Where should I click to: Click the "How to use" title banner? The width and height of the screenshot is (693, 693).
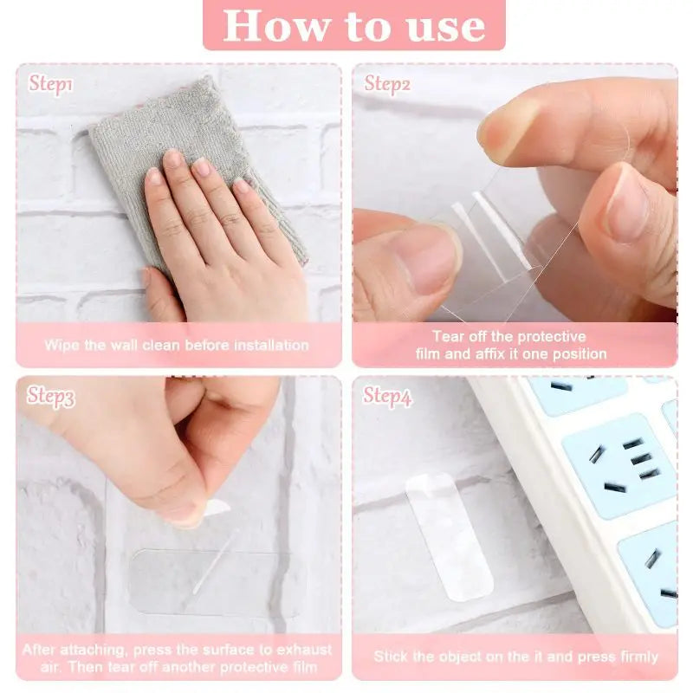(353, 25)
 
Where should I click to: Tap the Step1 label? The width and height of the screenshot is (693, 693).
(51, 84)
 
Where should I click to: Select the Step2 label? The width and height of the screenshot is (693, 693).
(387, 84)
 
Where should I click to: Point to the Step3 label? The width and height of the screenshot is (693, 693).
(51, 397)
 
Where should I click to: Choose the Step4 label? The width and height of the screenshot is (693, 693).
(387, 397)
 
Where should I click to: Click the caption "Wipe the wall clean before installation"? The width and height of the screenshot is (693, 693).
(177, 345)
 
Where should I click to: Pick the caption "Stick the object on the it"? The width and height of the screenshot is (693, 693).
(516, 657)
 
